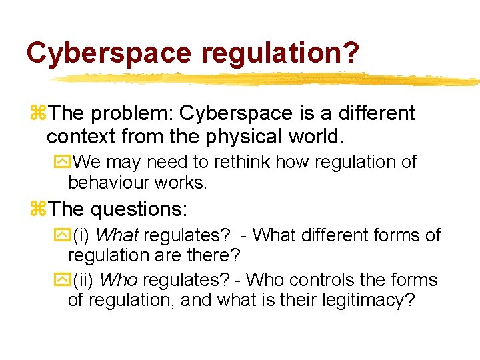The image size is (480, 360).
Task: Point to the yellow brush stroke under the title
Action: (267, 79)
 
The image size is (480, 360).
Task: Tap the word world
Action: (316, 137)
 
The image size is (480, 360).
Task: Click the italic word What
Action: (119, 235)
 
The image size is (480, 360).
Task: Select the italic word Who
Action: (121, 280)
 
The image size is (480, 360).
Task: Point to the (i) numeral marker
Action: (83, 235)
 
